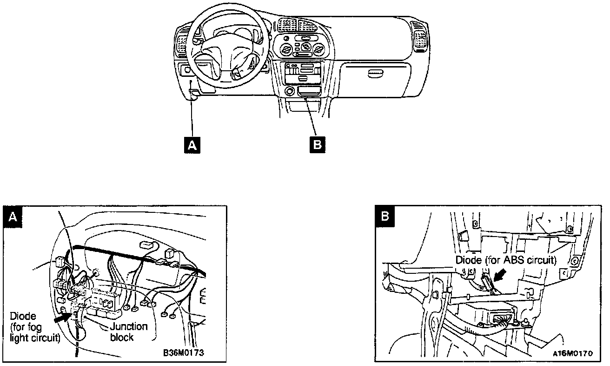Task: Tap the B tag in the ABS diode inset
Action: (x=385, y=216)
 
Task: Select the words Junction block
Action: (x=128, y=332)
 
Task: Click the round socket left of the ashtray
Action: (x=289, y=90)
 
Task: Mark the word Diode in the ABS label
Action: (x=467, y=260)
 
